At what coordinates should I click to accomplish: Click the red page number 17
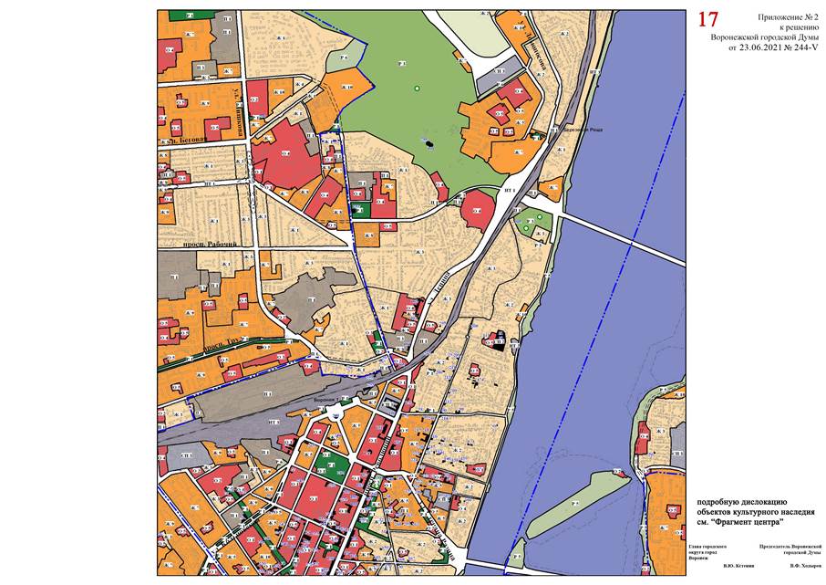pyautogui.click(x=707, y=19)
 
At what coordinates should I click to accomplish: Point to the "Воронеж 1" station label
pyautogui.click(x=326, y=399)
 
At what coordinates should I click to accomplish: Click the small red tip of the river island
pyautogui.click(x=619, y=473)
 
